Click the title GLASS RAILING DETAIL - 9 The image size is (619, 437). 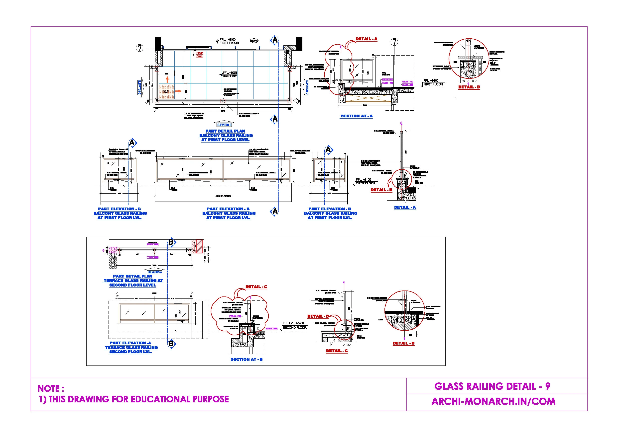tap(492, 386)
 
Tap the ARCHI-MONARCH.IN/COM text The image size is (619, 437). tap(493, 401)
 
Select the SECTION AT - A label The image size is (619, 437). tap(357, 116)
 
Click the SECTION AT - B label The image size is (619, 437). tap(247, 360)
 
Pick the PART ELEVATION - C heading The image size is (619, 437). tap(119, 209)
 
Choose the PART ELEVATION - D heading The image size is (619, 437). tap(330, 209)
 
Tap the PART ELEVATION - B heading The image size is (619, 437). tap(228, 209)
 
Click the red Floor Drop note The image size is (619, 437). tap(200, 55)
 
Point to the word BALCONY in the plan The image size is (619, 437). tap(230, 76)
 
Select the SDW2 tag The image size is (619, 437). tap(254, 41)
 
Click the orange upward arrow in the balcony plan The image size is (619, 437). tap(167, 79)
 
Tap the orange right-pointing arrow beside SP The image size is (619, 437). tap(178, 91)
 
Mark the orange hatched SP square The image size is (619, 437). tap(166, 91)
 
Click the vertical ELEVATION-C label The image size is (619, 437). tap(139, 87)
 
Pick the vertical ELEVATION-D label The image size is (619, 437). tap(307, 87)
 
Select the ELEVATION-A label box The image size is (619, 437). tap(155, 272)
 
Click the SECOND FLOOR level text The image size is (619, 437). tap(294, 328)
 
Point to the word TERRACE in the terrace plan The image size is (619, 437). tap(152, 242)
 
